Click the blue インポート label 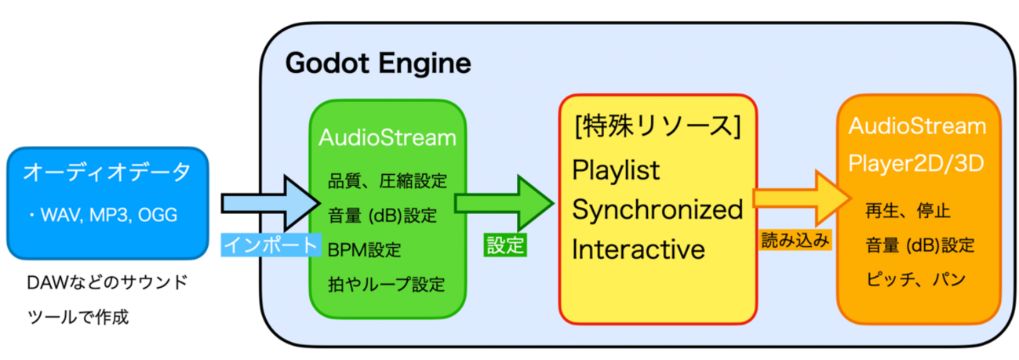click(271, 245)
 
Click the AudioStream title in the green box click(388, 137)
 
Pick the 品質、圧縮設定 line click(388, 181)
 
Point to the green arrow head click(533, 203)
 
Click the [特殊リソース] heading click(657, 126)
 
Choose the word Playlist click(617, 169)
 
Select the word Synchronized click(657, 209)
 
